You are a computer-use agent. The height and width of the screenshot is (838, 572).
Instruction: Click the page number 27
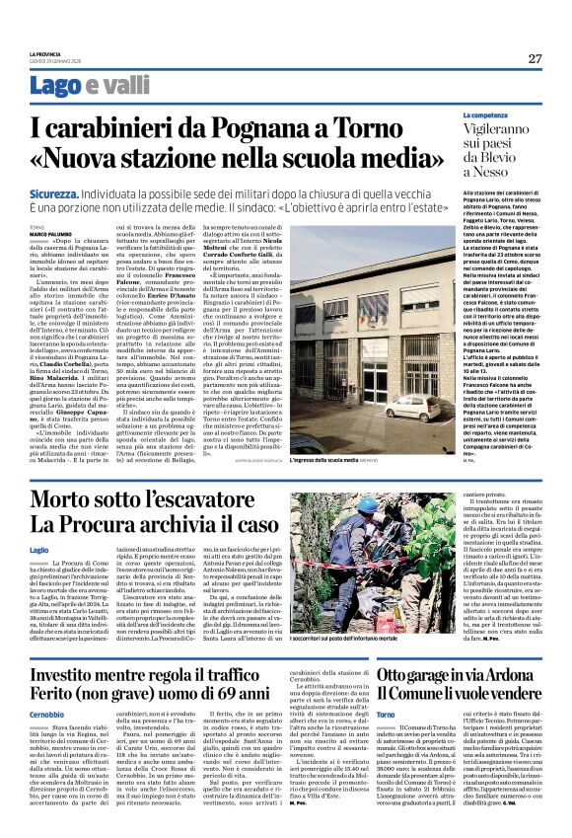pyautogui.click(x=535, y=58)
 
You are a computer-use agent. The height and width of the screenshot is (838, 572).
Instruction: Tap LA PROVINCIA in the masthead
pyautogui.click(x=44, y=53)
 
